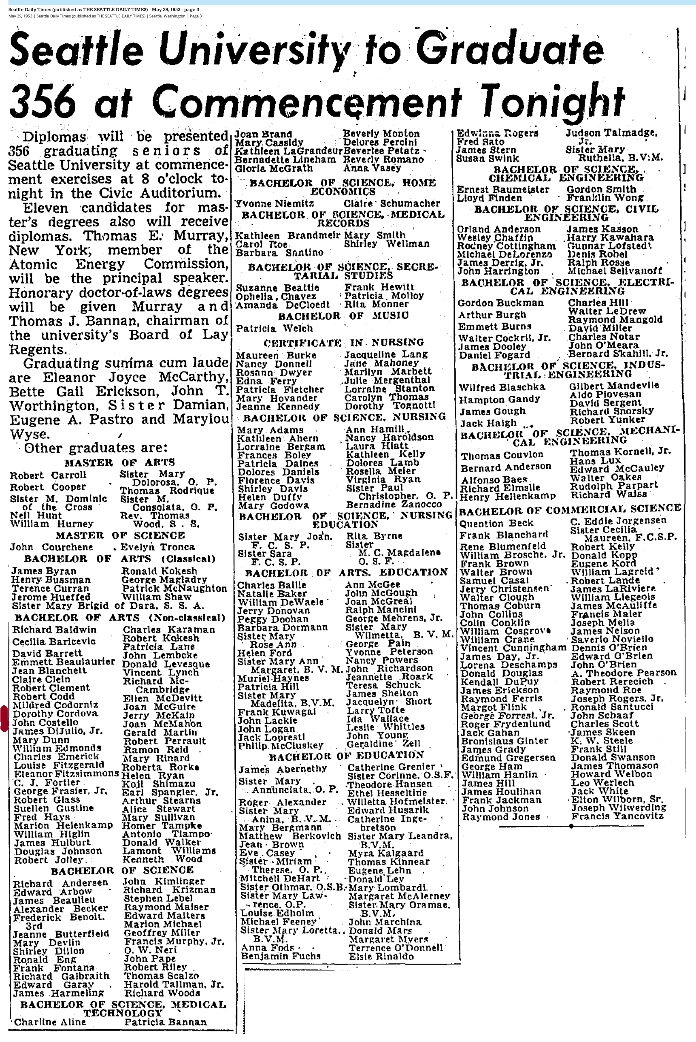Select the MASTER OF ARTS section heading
pos(120,462)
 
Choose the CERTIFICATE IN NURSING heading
pos(344,343)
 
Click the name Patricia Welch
pos(274,328)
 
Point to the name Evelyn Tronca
pos(157,547)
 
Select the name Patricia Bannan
pos(165,1022)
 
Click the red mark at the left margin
pos(4,718)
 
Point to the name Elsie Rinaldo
pos(381,956)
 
